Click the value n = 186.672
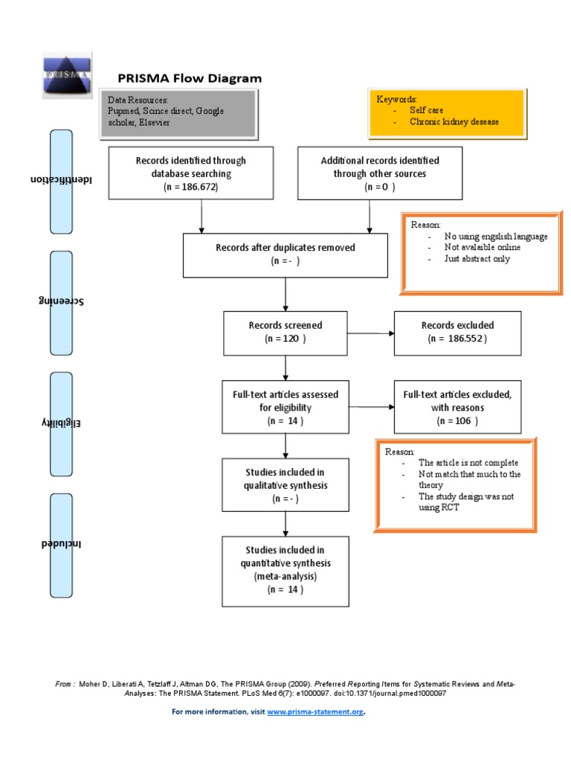click(190, 187)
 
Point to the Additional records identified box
click(379, 173)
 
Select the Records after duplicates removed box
click(285, 254)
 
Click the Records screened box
click(285, 332)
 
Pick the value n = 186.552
click(457, 339)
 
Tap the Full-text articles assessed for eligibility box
click(285, 407)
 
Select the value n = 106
click(457, 420)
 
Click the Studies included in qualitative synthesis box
click(285, 485)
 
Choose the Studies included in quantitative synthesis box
click(285, 570)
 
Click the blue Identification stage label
click(61, 181)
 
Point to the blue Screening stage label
click(61, 302)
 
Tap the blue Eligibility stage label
click(61, 423)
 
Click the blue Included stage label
click(61, 544)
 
